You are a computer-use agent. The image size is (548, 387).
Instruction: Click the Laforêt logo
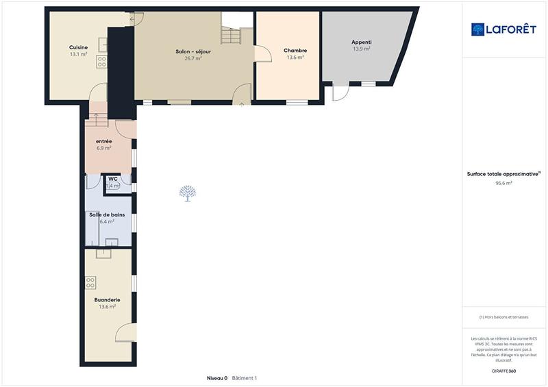[x=503, y=29]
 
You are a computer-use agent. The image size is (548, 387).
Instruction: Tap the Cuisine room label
[x=78, y=47]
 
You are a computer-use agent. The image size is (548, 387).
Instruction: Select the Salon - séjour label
[x=192, y=51]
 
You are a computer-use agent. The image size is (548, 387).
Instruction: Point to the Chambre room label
[x=295, y=51]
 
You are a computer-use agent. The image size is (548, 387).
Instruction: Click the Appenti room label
[x=361, y=42]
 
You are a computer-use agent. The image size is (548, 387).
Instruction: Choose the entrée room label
[x=104, y=141]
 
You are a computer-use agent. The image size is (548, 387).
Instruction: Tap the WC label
[x=112, y=179]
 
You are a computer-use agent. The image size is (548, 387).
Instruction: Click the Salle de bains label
[x=107, y=214]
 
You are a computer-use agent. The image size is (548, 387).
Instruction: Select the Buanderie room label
[x=107, y=299]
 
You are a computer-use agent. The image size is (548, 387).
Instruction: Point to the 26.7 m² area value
[x=192, y=59]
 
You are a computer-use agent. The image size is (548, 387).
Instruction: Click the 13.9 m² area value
[x=361, y=49]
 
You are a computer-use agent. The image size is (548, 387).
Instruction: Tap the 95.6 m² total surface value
[x=504, y=184]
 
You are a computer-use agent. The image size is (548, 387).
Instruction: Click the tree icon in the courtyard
[x=186, y=193]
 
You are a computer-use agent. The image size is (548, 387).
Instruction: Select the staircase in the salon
[x=231, y=34]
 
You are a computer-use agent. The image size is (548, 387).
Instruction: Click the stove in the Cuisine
[x=101, y=62]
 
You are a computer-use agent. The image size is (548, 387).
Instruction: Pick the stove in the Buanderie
[x=90, y=282]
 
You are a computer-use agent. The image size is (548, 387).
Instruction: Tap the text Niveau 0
[x=217, y=378]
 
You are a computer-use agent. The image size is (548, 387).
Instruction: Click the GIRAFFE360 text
[x=504, y=371]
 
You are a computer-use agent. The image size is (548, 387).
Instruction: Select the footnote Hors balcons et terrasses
[x=504, y=317]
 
